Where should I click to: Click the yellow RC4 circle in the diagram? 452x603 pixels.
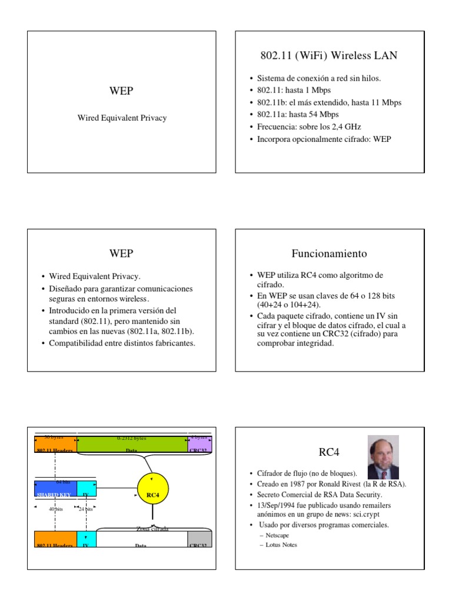coord(152,488)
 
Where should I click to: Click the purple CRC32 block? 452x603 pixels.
coord(200,444)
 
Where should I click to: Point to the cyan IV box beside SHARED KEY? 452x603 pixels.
coord(87,489)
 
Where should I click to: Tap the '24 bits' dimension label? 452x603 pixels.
coord(87,509)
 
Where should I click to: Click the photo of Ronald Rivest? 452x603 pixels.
coord(383,457)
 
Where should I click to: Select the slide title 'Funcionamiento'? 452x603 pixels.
coord(329,254)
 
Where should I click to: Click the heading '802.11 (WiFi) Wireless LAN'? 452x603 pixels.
coord(329,56)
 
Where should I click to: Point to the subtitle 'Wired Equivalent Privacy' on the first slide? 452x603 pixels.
coord(122,118)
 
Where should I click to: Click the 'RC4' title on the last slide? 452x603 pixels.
coord(329,452)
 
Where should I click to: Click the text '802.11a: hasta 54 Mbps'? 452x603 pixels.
coord(297,114)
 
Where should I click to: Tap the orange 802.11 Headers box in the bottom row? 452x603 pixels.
coord(55,539)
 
